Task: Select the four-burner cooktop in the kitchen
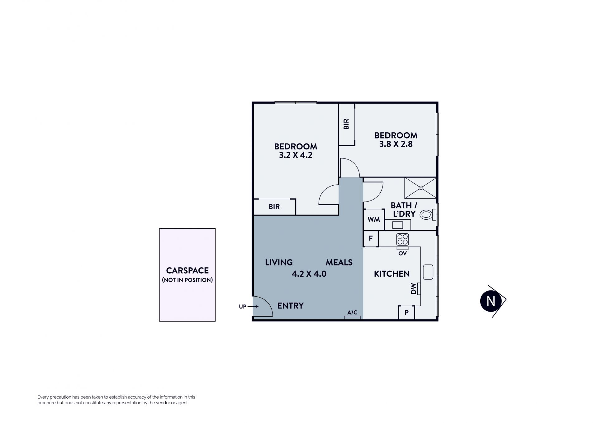[402, 239]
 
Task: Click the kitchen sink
[428, 272]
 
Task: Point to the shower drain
[421, 188]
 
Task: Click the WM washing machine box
[374, 219]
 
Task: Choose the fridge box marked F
[371, 239]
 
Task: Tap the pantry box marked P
[406, 312]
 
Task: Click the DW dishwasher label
[413, 288]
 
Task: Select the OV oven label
[402, 253]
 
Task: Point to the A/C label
[352, 312]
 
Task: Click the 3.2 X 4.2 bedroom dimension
[296, 155]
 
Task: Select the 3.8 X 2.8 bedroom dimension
[396, 144]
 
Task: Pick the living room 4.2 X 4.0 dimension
[309, 274]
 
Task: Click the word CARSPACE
[187, 270]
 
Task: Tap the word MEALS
[339, 262]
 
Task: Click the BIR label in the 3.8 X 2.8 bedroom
[346, 124]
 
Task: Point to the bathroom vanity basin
[397, 225]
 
